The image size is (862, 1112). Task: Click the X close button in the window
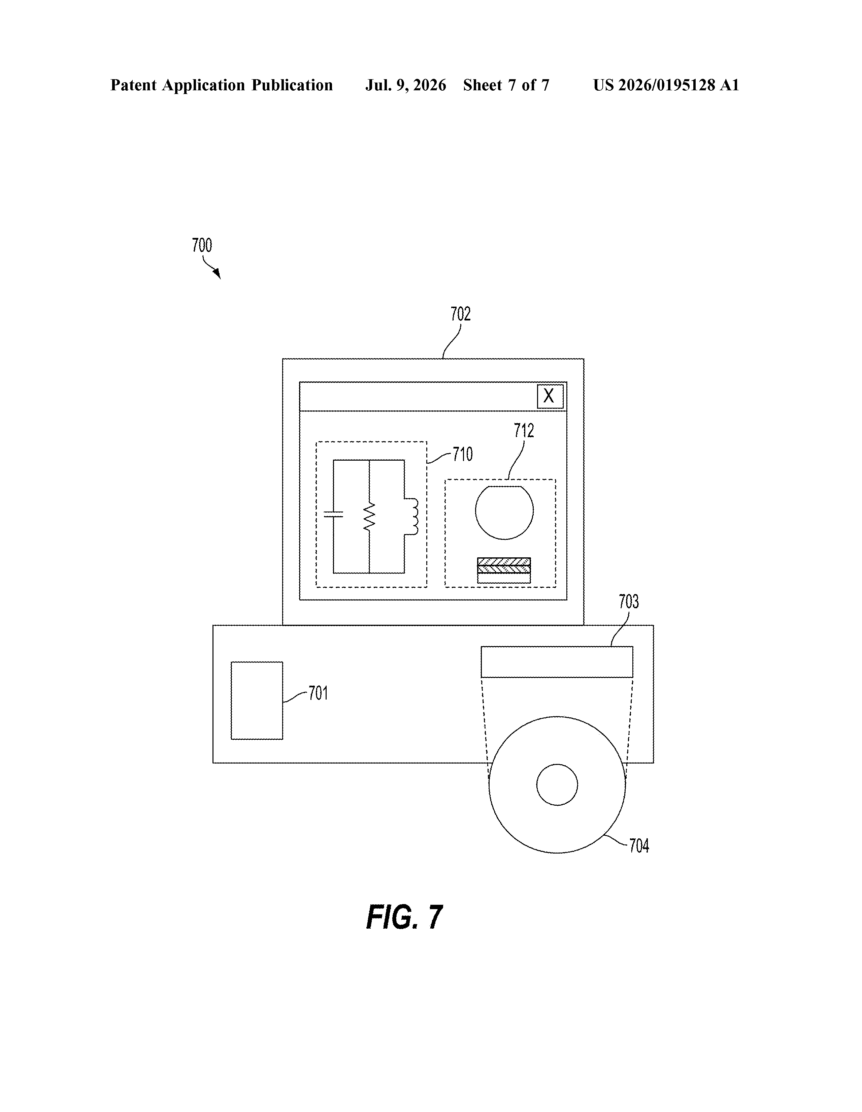point(550,396)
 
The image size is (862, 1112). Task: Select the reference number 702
point(461,314)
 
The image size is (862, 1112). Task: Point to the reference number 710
point(463,454)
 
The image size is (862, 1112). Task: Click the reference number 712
point(524,431)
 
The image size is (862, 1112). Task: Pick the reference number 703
point(628,602)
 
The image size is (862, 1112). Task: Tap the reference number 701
point(319,693)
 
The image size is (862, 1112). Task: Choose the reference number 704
point(639,846)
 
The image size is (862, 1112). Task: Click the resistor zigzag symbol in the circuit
point(369,516)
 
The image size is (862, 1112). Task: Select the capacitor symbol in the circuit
point(333,514)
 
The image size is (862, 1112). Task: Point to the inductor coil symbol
point(411,516)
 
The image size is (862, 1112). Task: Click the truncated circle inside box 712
point(504,512)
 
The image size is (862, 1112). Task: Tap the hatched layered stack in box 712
point(504,570)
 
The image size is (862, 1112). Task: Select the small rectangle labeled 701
point(257,701)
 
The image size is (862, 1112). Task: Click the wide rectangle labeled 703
point(557,662)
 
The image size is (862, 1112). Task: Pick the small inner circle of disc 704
point(557,784)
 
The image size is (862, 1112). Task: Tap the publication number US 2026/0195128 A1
point(666,85)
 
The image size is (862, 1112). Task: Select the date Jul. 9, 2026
point(405,85)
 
